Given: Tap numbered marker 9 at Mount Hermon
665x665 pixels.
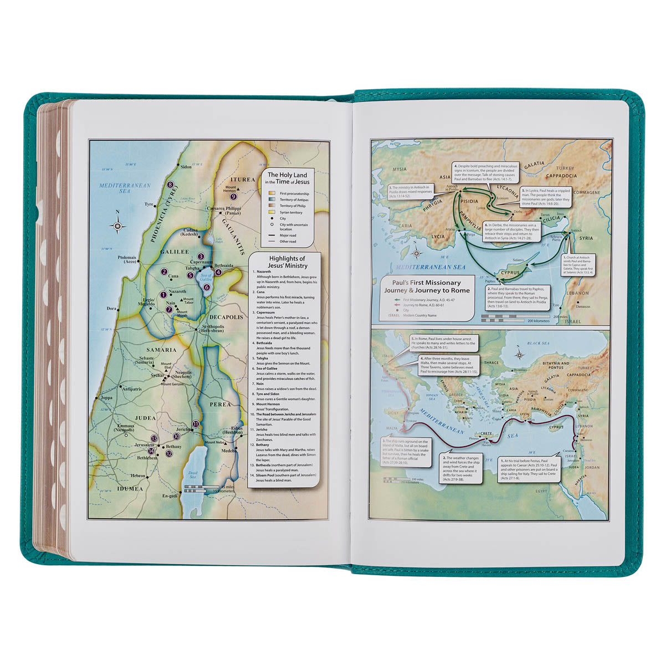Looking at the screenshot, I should (x=233, y=196).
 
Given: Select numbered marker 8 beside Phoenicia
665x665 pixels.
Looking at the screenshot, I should (x=171, y=185).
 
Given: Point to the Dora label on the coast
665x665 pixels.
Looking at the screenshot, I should (x=111, y=308).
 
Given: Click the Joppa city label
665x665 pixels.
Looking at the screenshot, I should (x=107, y=397).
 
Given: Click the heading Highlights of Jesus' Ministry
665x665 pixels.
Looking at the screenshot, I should (x=287, y=262).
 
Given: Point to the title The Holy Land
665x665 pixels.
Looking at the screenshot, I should (x=288, y=175).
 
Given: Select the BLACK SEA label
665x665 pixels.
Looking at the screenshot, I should (x=537, y=343).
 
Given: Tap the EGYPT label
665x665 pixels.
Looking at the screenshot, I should (x=541, y=491).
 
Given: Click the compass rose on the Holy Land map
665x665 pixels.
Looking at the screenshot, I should (x=117, y=225).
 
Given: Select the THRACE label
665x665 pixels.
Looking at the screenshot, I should (x=476, y=362).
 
